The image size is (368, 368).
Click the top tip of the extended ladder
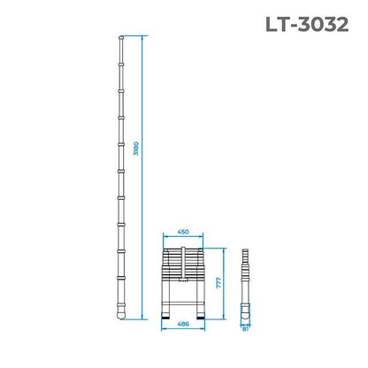pos(120,37)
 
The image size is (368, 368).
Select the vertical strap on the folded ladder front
pos(183,265)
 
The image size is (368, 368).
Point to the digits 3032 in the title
pos(325,23)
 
